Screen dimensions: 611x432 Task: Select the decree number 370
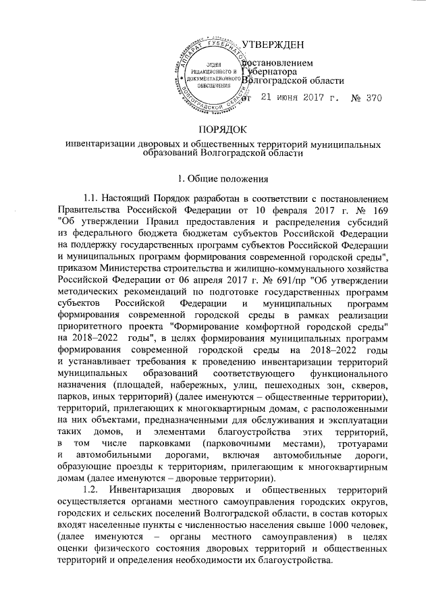[373, 99]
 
